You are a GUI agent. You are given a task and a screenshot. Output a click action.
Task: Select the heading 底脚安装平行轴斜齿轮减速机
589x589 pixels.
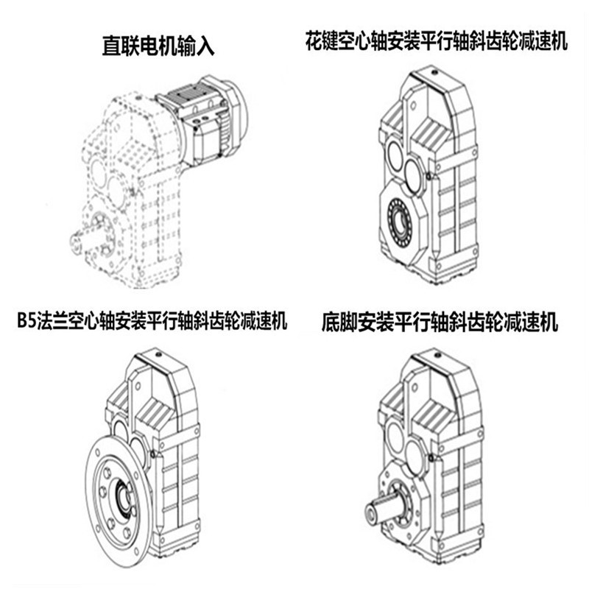point(440,322)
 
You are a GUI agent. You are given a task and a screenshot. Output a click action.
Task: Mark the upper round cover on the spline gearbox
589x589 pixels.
point(393,156)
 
